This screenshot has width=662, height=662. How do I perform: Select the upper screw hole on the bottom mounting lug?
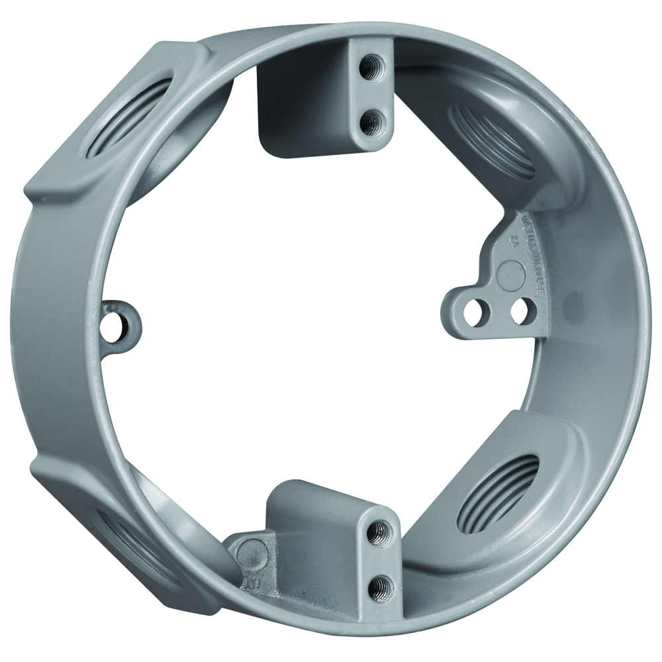379,529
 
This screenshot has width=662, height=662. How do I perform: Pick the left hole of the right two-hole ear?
475,312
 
